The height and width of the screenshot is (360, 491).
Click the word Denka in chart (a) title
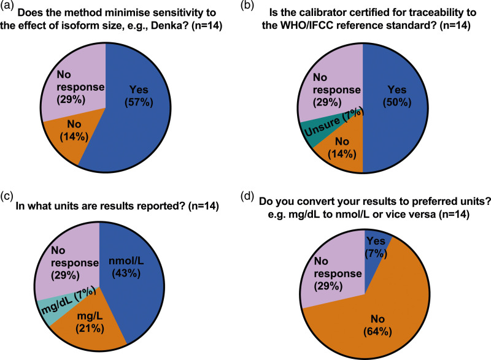(x=191, y=25)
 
